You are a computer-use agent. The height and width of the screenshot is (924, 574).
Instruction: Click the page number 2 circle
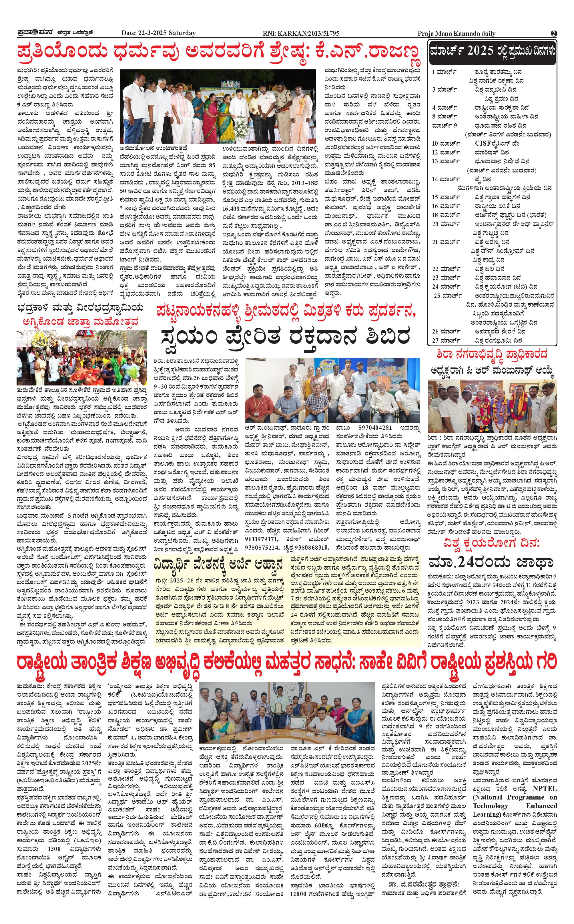tap(553, 33)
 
